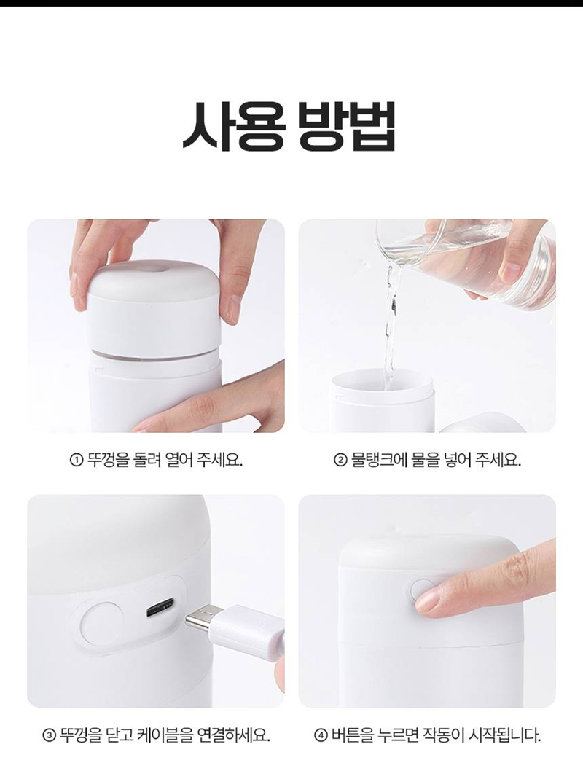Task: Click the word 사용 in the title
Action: click(x=233, y=126)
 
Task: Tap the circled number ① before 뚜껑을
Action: click(x=77, y=460)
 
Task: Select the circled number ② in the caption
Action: click(x=340, y=460)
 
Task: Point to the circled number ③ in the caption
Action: click(x=49, y=735)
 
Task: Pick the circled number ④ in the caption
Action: click(x=320, y=735)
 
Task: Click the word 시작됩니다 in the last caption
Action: click(x=504, y=735)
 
